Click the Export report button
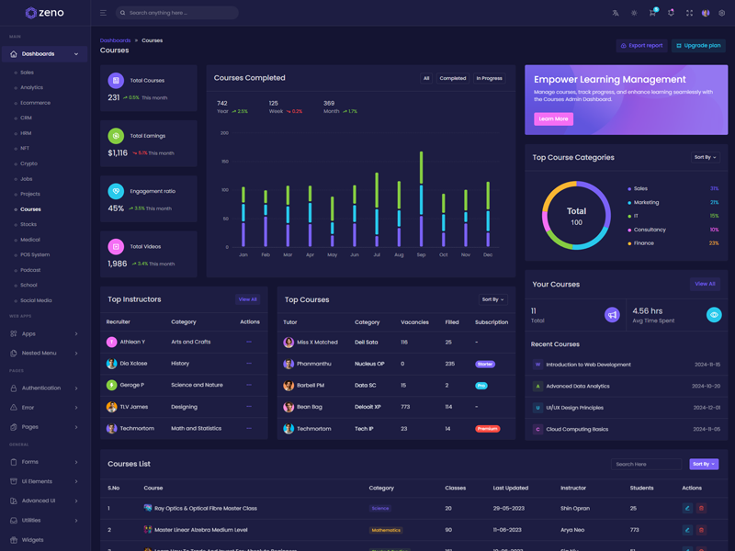[x=641, y=45]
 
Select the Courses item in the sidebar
[x=30, y=209]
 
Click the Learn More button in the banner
[x=553, y=118]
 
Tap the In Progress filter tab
[x=489, y=78]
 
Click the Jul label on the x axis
[x=377, y=254]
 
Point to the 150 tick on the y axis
[x=224, y=161]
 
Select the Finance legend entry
[x=643, y=243]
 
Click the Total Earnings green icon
[x=116, y=136]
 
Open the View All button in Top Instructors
[x=247, y=299]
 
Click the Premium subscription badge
[x=487, y=429]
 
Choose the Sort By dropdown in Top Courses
[x=492, y=299]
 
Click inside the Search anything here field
[x=179, y=13]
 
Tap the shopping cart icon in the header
[x=651, y=13]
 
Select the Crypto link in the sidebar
[x=28, y=163]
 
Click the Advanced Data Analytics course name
[x=577, y=387]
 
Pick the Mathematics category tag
[x=386, y=530]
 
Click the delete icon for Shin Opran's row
[x=701, y=508]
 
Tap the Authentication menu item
[x=41, y=388]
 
